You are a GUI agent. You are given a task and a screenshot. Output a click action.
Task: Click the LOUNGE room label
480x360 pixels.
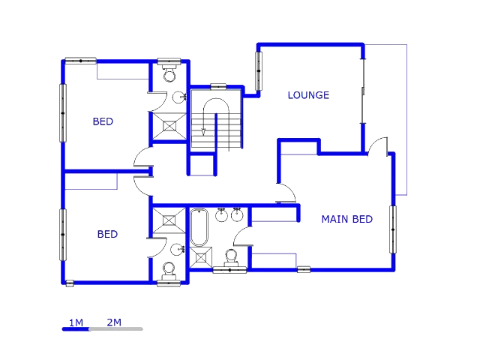coord(308,95)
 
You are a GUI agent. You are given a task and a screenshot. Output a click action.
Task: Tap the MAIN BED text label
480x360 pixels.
coord(346,219)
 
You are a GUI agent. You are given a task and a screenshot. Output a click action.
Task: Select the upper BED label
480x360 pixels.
coord(103,121)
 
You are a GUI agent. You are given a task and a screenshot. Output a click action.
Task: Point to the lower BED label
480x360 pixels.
coord(107,234)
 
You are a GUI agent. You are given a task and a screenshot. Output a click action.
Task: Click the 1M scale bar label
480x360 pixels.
coord(76,322)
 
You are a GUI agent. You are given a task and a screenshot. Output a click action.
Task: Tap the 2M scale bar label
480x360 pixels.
coord(114,322)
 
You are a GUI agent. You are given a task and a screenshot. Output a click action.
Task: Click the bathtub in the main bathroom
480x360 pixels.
coord(199,227)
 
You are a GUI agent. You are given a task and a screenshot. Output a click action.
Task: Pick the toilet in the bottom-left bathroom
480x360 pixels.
coord(169,271)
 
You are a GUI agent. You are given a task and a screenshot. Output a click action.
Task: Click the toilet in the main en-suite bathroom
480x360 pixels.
coord(231,258)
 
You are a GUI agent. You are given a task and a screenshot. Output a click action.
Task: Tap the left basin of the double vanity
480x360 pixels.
coord(221,214)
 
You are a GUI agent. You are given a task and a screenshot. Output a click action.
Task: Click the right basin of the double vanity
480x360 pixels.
coord(237,214)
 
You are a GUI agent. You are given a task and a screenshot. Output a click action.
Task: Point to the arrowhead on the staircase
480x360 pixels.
coord(203,132)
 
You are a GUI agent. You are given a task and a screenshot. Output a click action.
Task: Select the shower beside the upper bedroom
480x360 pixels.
coord(169,126)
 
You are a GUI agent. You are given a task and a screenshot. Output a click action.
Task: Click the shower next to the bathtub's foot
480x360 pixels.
coord(201,258)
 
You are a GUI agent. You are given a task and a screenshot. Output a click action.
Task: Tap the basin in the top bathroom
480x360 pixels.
coord(179,97)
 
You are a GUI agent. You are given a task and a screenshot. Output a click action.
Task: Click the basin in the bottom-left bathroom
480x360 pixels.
coord(178,250)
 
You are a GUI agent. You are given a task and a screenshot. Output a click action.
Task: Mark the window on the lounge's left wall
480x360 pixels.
coord(259,71)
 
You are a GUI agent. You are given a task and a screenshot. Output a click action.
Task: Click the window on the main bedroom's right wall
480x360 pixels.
coord(393,229)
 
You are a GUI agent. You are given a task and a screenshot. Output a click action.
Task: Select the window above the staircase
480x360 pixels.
coord(218,87)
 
